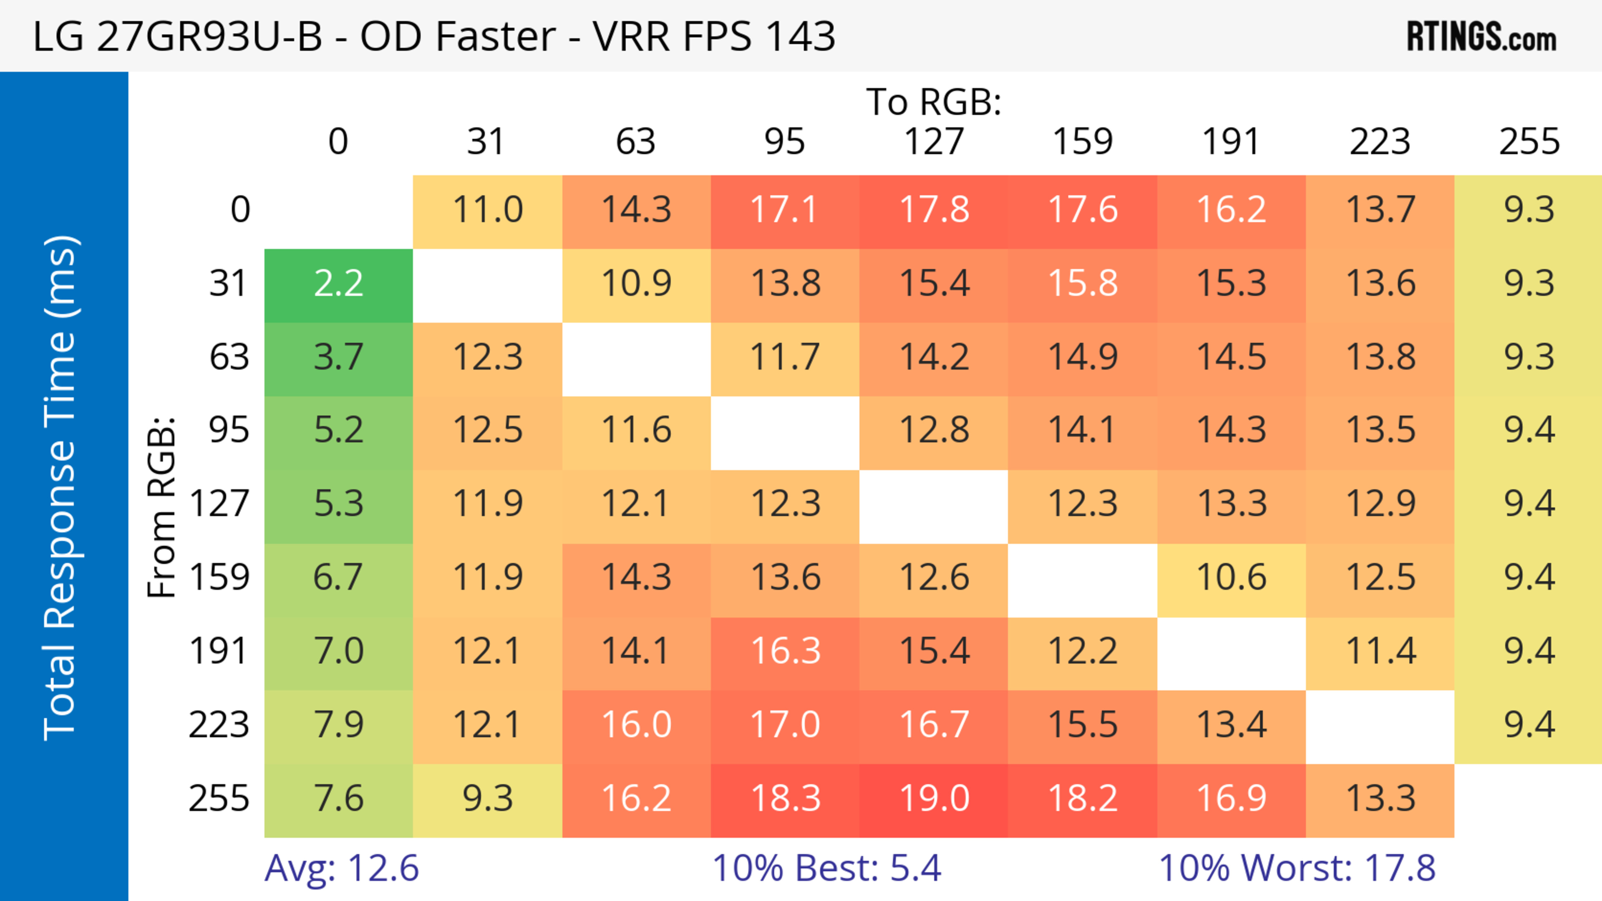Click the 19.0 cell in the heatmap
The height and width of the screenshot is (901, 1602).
(934, 799)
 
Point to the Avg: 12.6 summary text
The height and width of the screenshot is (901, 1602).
(341, 868)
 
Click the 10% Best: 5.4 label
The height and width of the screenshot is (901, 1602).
(826, 868)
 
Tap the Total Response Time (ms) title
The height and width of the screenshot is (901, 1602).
(61, 488)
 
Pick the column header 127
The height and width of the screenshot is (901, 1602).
(934, 142)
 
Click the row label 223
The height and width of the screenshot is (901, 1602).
(219, 725)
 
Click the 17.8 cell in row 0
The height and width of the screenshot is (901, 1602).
(934, 210)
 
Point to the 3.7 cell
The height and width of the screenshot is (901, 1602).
(338, 358)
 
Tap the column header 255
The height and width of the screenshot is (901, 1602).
(1529, 142)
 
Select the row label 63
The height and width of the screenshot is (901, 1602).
(229, 358)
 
